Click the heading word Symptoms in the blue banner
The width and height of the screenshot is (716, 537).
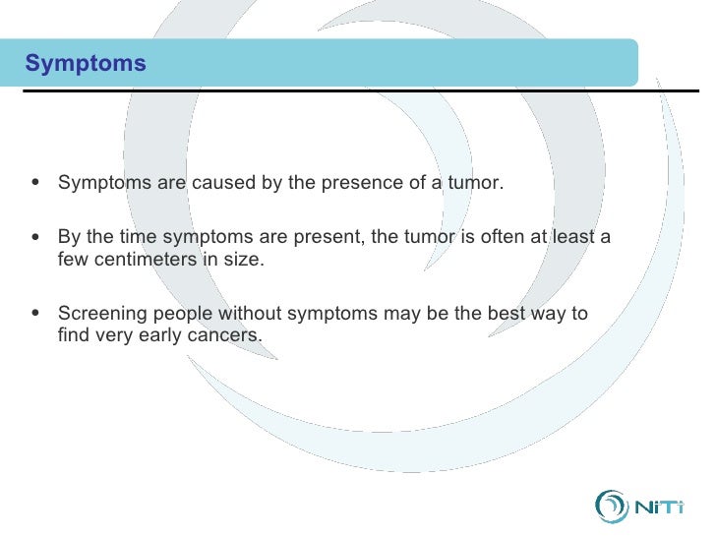click(86, 64)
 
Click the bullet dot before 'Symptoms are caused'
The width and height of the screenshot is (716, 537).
click(35, 182)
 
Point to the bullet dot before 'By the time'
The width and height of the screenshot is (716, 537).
click(35, 236)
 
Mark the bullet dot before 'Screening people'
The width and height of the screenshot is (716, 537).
click(35, 313)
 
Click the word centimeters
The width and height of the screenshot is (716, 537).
click(146, 260)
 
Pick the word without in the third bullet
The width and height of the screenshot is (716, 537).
click(250, 313)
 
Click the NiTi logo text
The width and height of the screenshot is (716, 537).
click(659, 507)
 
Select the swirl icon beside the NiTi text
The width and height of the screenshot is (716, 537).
click(611, 507)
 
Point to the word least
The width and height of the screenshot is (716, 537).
click(573, 236)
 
